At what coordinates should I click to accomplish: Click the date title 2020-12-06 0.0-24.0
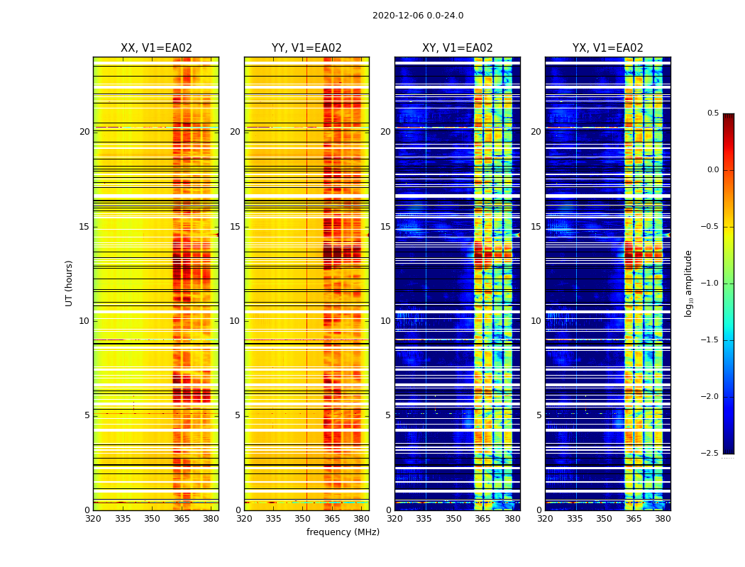[x=418, y=16]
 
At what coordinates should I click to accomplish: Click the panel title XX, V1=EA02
[x=156, y=48]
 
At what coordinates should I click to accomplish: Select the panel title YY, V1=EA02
[x=307, y=48]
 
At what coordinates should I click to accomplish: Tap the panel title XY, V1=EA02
[x=457, y=48]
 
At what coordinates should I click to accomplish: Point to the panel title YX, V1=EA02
[x=607, y=48]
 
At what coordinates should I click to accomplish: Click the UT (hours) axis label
[x=70, y=283]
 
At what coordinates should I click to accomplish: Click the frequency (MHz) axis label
[x=343, y=532]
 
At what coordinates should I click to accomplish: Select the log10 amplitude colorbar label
[x=688, y=283]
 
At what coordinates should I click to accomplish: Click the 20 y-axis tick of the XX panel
[x=84, y=132]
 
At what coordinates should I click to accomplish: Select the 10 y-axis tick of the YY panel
[x=235, y=321]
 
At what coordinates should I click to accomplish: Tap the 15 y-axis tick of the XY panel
[x=385, y=227]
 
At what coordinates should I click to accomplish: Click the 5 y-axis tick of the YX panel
[x=539, y=415]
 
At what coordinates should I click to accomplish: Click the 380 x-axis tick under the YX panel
[x=663, y=518]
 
